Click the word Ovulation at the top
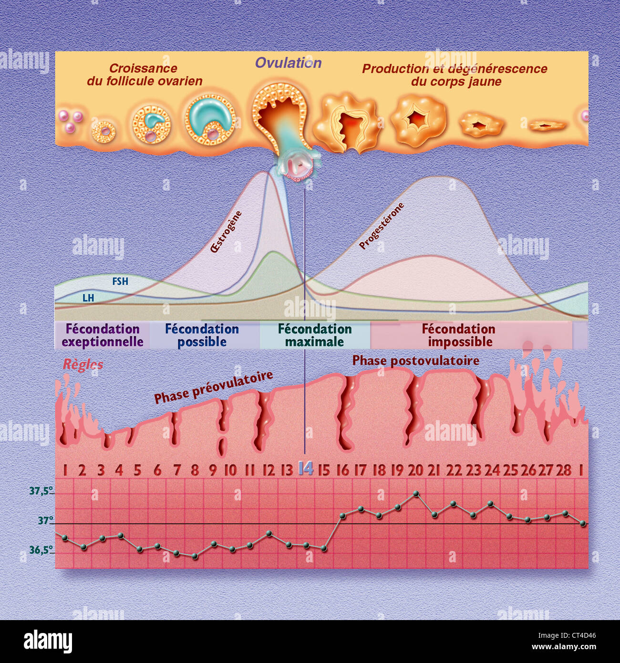coord(288,63)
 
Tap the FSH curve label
coord(120,281)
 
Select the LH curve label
coord(88,298)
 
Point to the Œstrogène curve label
coord(226,231)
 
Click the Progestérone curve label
coord(382,226)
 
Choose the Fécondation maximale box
coord(315,335)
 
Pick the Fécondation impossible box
coord(459,335)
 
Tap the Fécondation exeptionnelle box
coord(103,335)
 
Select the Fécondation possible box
coord(202,335)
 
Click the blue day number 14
coord(305,469)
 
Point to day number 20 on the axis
coord(415,470)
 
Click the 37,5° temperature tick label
coord(41,491)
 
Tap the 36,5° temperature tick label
coord(41,550)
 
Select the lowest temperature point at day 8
coord(195,556)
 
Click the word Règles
coord(83,365)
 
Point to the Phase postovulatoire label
coord(416,361)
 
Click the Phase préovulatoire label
coord(213,387)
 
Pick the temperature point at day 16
coord(342,516)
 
